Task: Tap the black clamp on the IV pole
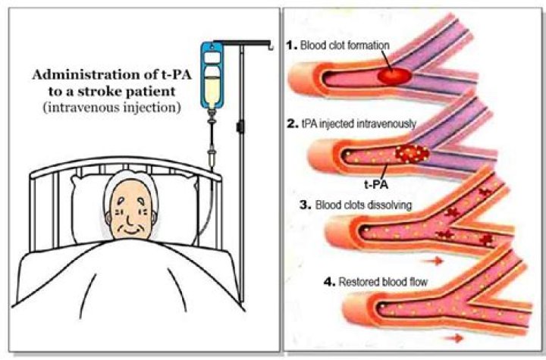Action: pos(241,126)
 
